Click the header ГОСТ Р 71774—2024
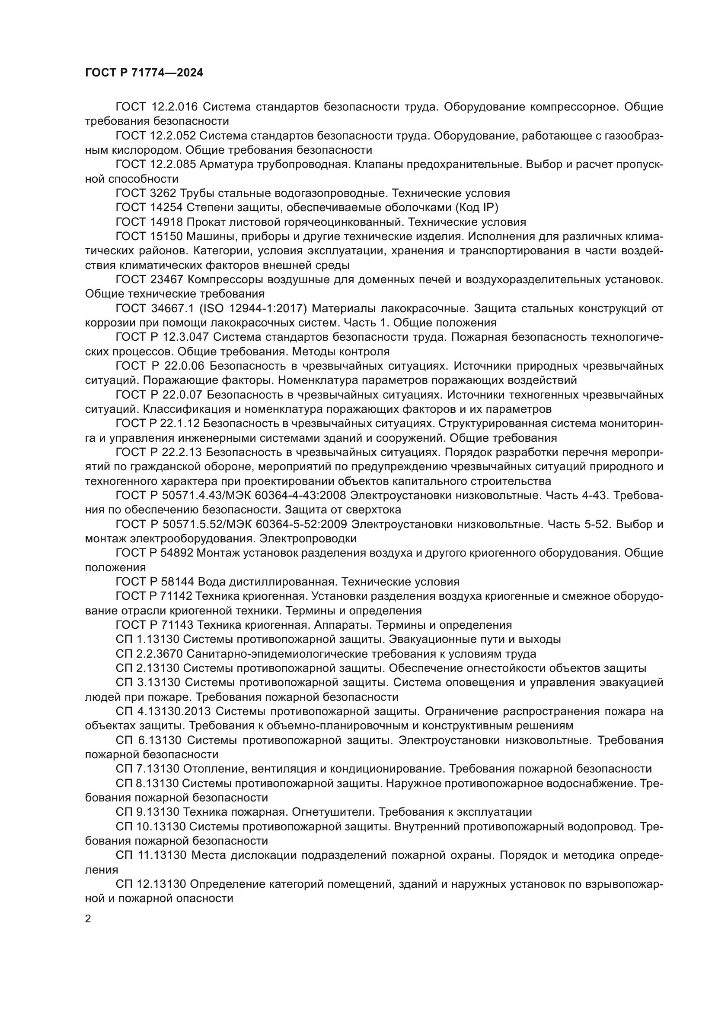point(144,73)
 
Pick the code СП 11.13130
point(148,855)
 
